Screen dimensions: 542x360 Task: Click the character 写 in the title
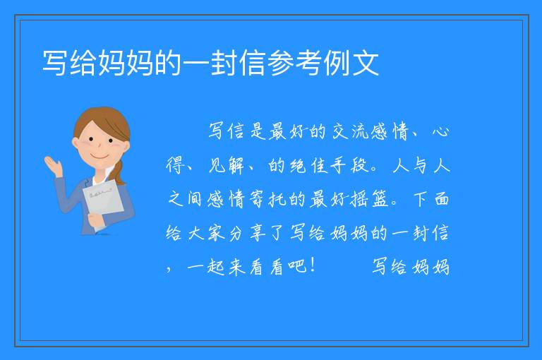point(54,63)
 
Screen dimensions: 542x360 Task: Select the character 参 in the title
point(280,63)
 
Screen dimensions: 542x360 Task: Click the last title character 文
point(366,63)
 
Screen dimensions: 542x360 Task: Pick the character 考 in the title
point(308,63)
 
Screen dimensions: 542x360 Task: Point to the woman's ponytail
point(119,173)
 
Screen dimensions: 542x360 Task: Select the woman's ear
point(76,143)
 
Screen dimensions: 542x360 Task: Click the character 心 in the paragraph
point(440,131)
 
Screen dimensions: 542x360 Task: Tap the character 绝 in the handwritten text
point(298,165)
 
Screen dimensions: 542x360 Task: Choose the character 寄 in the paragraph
point(256,199)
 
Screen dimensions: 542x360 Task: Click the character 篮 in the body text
point(380,199)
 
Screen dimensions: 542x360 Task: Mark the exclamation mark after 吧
point(313,265)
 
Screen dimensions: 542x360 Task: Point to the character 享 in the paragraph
point(257,233)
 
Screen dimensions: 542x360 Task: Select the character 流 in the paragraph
point(360,131)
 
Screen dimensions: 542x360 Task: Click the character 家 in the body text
point(216,233)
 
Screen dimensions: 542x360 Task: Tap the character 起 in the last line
point(216,267)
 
